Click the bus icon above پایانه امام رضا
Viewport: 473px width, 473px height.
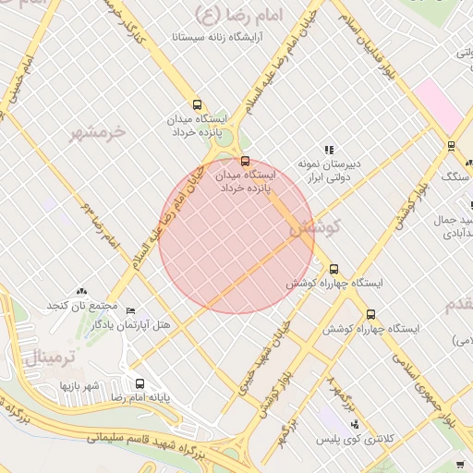tap(139, 383)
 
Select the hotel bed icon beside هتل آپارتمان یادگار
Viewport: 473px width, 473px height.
tap(130, 310)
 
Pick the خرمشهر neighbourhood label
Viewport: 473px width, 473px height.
tap(97, 133)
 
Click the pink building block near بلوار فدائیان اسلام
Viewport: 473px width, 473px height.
tap(438, 107)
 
